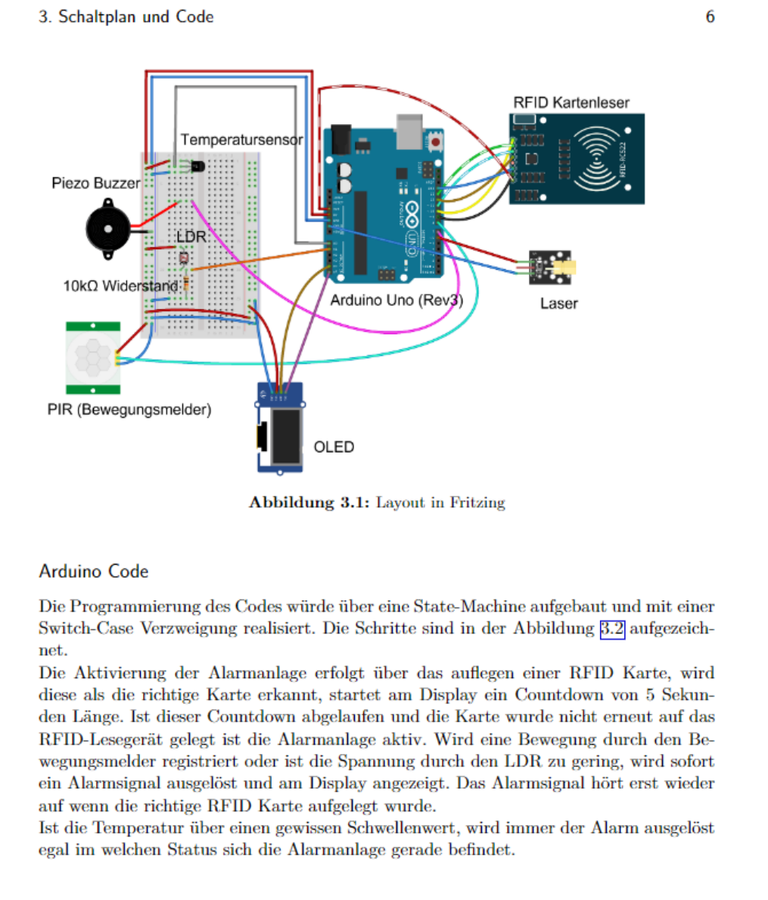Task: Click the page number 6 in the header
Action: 710,17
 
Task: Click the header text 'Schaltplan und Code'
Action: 136,17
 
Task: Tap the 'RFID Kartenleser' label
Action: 571,103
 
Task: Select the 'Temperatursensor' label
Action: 241,140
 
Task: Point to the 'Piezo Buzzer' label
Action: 95,183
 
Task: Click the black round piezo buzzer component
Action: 107,228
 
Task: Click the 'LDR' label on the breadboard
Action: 191,237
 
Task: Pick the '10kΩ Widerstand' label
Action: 122,286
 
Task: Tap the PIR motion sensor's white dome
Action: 92,357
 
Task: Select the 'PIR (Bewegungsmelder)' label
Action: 129,410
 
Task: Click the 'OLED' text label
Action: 334,447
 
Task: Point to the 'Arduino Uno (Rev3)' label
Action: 396,301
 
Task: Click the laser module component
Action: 550,267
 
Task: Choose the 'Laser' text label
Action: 558,304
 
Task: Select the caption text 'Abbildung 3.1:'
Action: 309,503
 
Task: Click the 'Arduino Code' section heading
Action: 94,571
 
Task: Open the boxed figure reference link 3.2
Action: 612,628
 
